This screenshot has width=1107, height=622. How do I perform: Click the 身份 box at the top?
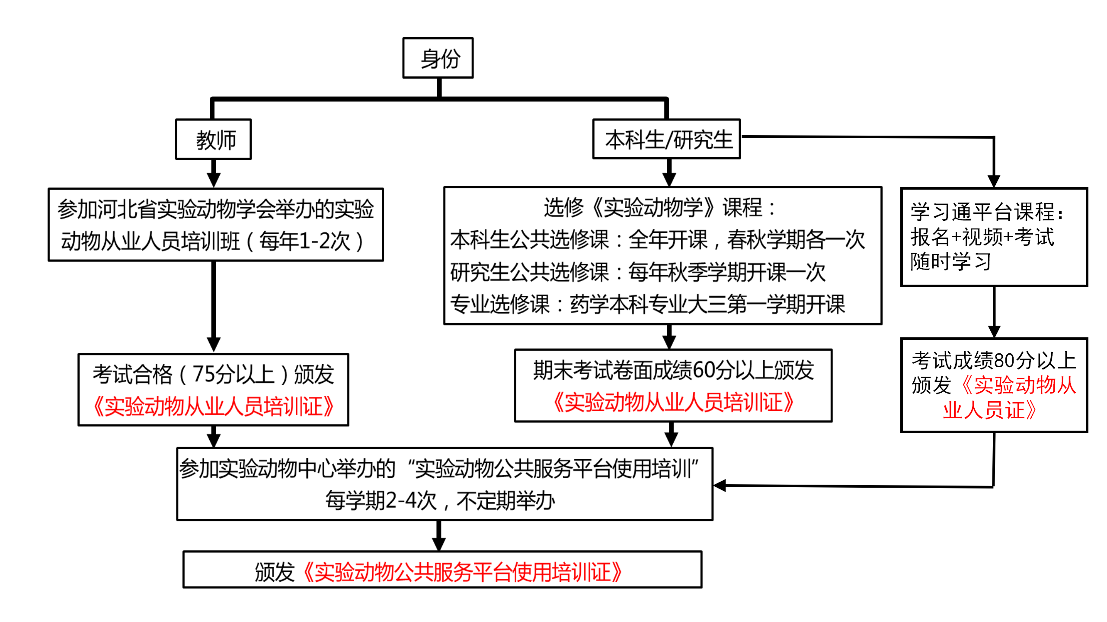(x=438, y=58)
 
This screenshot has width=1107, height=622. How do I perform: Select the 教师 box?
(x=214, y=140)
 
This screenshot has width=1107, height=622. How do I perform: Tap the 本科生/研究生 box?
(x=666, y=140)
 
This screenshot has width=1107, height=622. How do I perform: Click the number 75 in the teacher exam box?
(x=203, y=374)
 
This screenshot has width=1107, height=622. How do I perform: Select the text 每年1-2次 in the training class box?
(x=304, y=241)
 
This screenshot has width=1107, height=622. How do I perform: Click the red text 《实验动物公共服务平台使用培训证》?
(x=463, y=572)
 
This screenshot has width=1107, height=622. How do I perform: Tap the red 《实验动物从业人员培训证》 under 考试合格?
(x=214, y=406)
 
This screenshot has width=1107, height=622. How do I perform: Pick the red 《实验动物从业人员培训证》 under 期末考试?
(x=673, y=402)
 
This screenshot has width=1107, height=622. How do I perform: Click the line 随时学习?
(x=950, y=261)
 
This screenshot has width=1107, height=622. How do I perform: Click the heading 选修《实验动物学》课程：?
(x=660, y=208)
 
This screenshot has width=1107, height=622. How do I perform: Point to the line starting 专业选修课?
(x=647, y=304)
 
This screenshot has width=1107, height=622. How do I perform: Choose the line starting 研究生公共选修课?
(x=637, y=272)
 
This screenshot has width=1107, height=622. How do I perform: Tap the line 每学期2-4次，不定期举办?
(x=440, y=501)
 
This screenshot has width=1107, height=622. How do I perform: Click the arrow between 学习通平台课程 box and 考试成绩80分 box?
(x=994, y=313)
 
